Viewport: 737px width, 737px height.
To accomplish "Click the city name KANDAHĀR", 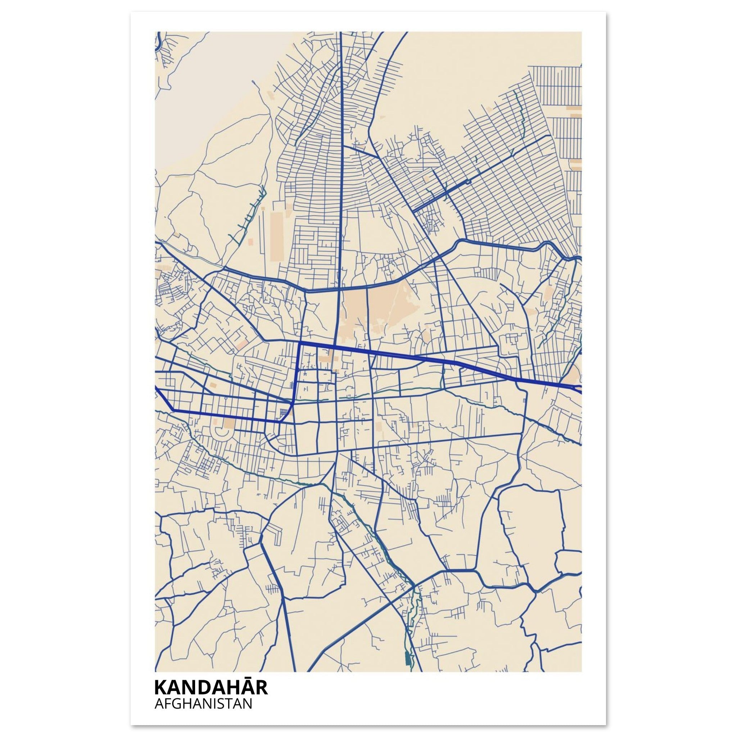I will pos(211,687).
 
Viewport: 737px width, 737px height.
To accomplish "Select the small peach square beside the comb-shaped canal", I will pos(250,241).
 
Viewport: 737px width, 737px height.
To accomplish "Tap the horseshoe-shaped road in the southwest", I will pos(221,431).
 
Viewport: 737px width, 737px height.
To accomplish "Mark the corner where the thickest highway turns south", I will pos(300,343).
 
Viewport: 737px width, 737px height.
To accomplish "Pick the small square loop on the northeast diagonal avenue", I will pos(468,182).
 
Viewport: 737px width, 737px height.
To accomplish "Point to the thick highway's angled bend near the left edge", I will pos(173,410).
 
